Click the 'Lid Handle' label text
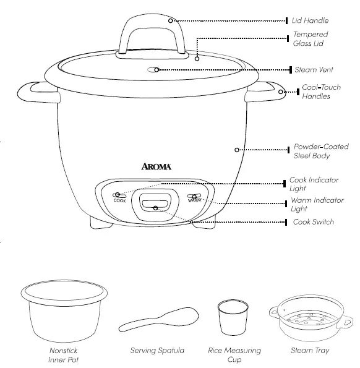coord(310,20)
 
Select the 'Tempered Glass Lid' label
coord(310,39)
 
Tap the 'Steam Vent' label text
coord(314,70)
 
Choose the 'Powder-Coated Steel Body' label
coord(320,152)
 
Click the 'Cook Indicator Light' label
coord(314,184)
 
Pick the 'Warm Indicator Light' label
coord(317,205)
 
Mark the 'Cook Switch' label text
coord(314,222)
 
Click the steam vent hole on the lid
coord(157,71)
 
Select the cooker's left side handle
coord(32,92)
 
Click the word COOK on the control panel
coord(119,201)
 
